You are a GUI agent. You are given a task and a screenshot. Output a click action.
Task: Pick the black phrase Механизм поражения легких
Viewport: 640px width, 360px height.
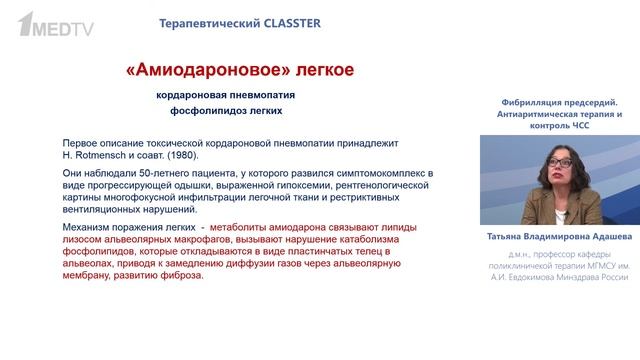120,228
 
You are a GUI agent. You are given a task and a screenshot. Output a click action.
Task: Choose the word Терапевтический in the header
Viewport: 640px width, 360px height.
200,22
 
